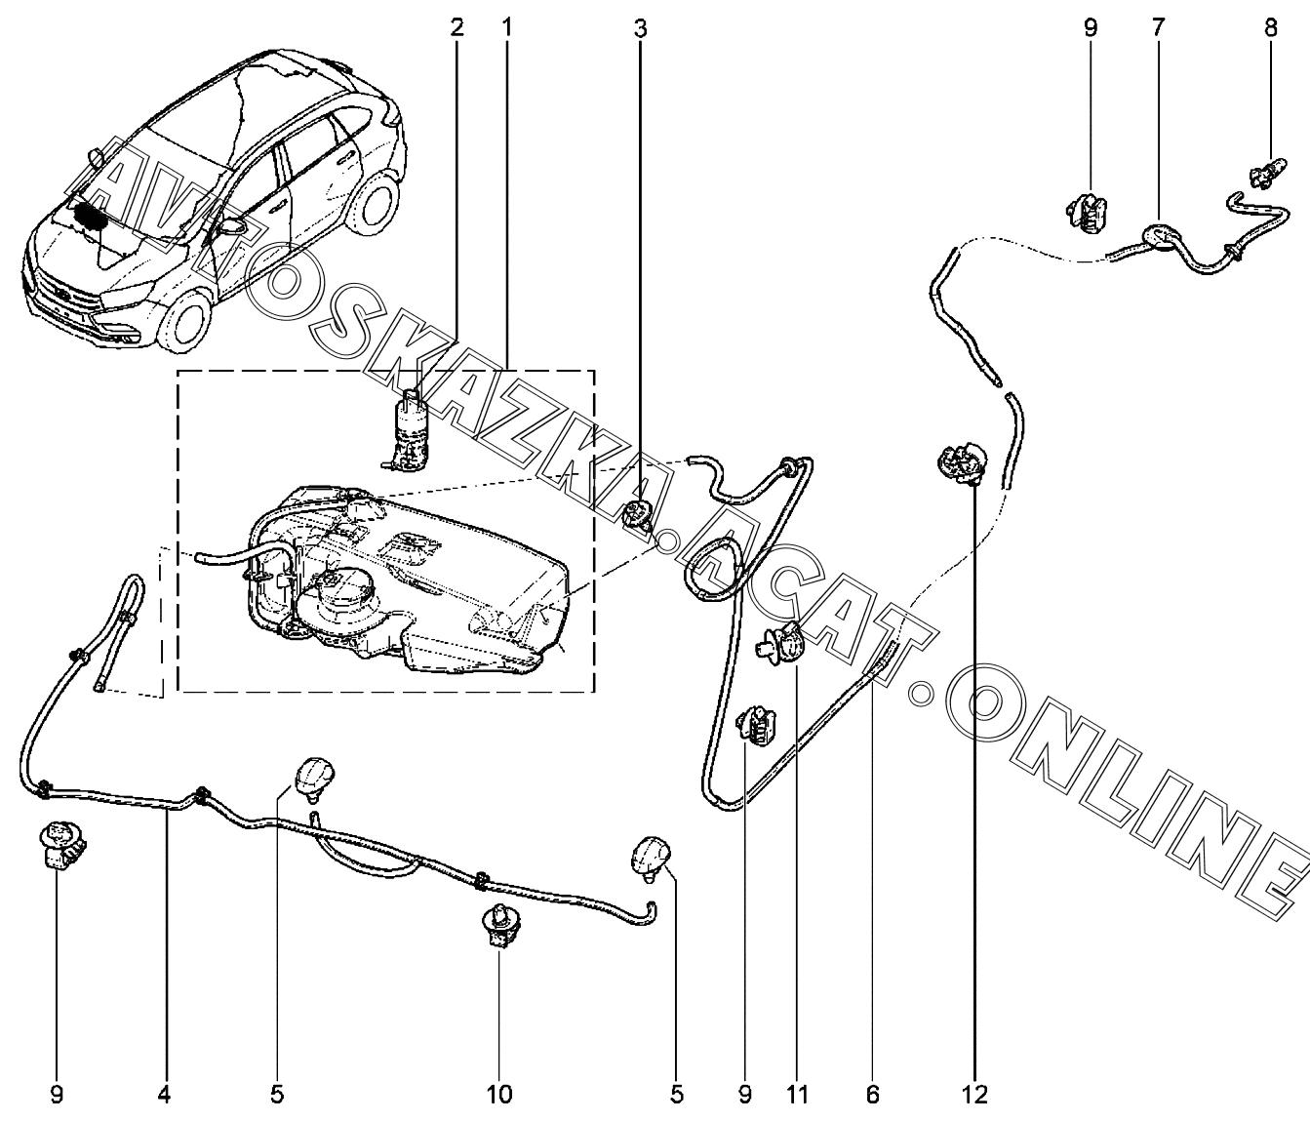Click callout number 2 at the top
(457, 28)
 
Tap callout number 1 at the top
(506, 28)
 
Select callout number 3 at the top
(640, 28)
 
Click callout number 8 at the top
(1271, 28)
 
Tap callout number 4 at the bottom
(164, 1095)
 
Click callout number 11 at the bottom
(797, 1095)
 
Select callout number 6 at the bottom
(872, 1095)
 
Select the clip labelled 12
(962, 463)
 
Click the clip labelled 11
(779, 644)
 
